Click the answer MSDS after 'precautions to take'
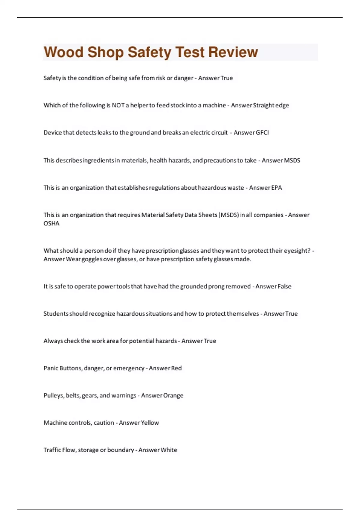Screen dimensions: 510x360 coord(292,160)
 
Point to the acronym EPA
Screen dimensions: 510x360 coord(276,188)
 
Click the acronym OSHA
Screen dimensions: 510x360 coord(51,223)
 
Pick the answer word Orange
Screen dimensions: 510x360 coord(173,395)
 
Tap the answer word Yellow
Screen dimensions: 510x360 coord(150,423)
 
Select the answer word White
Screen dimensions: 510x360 coord(169,450)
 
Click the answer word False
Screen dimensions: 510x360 coord(284,286)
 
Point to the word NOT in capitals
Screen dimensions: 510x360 coord(118,105)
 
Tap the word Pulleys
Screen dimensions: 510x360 coord(54,395)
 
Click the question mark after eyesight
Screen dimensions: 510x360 coord(309,250)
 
